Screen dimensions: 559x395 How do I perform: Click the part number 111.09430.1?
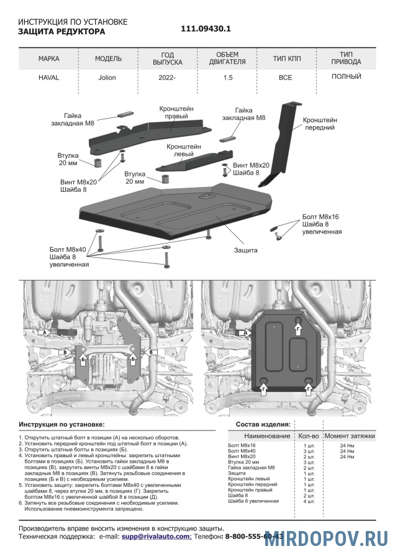206,29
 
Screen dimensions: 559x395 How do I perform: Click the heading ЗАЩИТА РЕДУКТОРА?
61,31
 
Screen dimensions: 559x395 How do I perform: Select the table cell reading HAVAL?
49,78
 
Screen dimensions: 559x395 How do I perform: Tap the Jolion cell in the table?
107,78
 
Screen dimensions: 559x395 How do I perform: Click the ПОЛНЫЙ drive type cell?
347,76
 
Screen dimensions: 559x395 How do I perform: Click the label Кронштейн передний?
320,123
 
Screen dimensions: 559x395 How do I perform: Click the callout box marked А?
45,333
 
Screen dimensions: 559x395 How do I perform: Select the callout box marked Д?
246,333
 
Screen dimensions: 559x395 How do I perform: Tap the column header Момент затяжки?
350,437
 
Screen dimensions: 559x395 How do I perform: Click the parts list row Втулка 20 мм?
244,463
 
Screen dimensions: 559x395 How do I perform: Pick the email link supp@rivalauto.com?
156,535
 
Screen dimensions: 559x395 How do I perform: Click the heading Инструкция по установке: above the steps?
61,424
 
